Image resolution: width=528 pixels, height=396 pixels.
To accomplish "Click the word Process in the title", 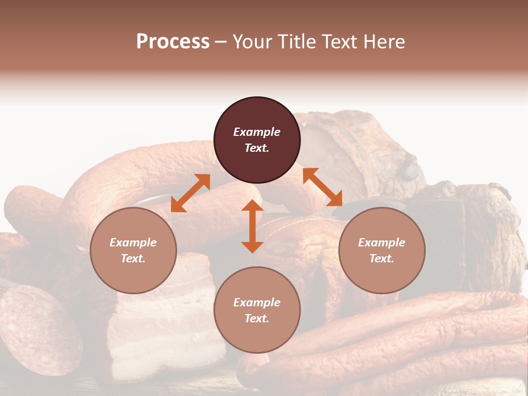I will tap(173, 42).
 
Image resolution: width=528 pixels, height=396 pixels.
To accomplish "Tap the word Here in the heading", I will tap(384, 42).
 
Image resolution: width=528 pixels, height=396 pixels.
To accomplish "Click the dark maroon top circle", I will tap(257, 140).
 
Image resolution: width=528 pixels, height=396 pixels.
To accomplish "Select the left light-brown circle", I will tap(133, 250).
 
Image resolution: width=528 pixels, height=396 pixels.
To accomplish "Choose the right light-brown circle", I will tap(382, 250).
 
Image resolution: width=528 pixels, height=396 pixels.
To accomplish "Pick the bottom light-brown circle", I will tap(257, 310).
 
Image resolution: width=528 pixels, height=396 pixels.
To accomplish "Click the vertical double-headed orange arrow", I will tap(252, 226).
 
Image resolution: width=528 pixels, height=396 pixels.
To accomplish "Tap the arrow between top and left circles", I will tap(190, 193).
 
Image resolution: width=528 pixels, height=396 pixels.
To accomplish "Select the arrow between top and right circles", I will tap(322, 187).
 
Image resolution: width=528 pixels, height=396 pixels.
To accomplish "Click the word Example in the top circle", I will tap(257, 132).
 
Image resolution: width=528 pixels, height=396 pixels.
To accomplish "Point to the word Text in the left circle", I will tap(133, 258).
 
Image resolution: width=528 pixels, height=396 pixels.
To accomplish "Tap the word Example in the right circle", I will tap(382, 243).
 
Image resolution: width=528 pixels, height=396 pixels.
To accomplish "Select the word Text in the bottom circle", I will tap(257, 318).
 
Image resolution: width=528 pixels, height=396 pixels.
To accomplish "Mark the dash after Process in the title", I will tap(221, 42).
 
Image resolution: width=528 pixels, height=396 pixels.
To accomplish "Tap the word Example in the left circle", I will tap(133, 243).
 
